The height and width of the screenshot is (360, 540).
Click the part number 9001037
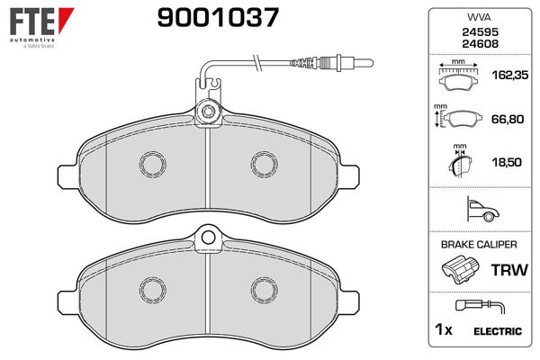[218, 18]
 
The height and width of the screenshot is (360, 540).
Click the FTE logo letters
[32, 22]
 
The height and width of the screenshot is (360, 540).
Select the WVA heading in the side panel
[479, 17]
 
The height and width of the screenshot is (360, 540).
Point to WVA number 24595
[480, 32]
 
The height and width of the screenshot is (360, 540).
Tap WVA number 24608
[480, 44]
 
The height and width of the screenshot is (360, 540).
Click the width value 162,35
[510, 75]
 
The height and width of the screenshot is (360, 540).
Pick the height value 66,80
[508, 119]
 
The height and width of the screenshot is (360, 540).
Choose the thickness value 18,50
[507, 162]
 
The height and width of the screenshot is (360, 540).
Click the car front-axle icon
[482, 210]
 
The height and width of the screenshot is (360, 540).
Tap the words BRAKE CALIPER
[479, 245]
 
